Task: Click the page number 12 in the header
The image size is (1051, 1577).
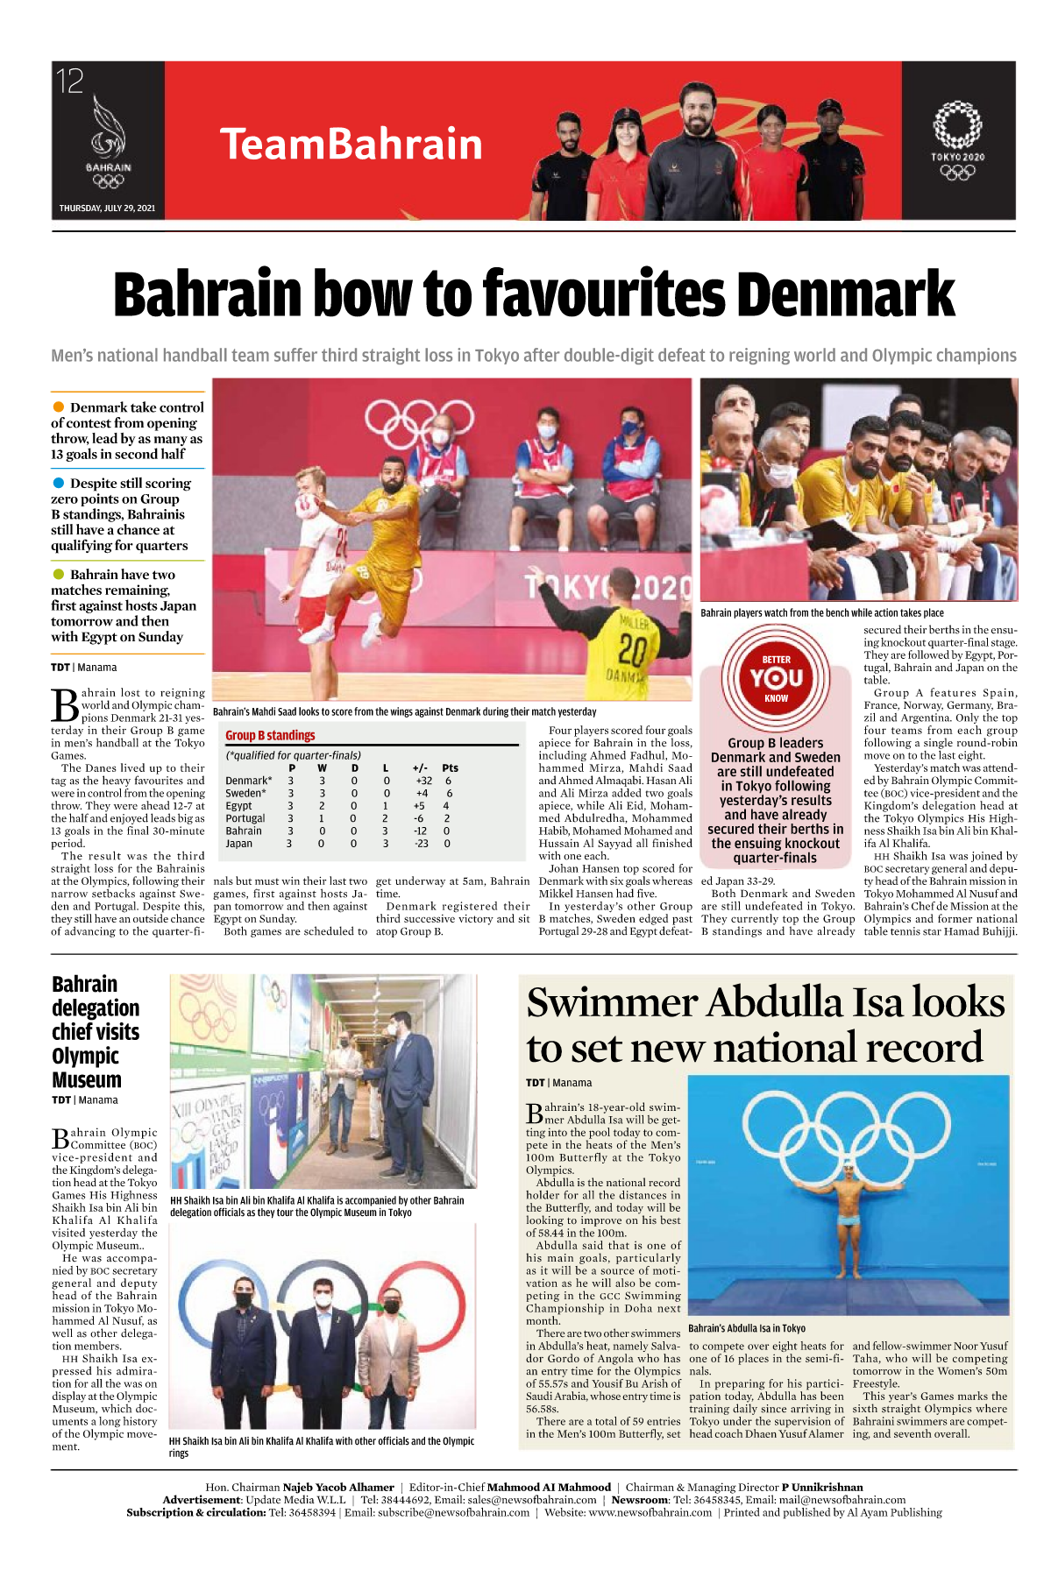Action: [x=70, y=81]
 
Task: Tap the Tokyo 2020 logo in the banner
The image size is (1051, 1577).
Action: [x=957, y=140]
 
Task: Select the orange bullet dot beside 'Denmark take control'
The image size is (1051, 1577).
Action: [x=59, y=407]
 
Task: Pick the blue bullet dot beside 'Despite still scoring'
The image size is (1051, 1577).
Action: [x=59, y=483]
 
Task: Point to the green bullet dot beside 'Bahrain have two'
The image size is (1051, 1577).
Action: [x=59, y=574]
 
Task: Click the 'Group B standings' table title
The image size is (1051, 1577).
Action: [x=270, y=736]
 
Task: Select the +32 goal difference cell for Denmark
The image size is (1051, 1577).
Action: [x=423, y=781]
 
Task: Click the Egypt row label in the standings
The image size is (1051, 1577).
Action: [x=238, y=806]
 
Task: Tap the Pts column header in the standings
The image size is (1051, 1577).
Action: [x=450, y=768]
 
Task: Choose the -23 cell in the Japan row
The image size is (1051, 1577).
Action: [x=421, y=844]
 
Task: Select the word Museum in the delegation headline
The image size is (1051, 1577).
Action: [x=87, y=1079]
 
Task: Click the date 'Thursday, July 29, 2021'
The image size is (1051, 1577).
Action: [x=107, y=209]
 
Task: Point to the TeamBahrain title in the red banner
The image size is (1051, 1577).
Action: [x=351, y=145]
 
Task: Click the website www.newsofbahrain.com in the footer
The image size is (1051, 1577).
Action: [x=650, y=1512]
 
